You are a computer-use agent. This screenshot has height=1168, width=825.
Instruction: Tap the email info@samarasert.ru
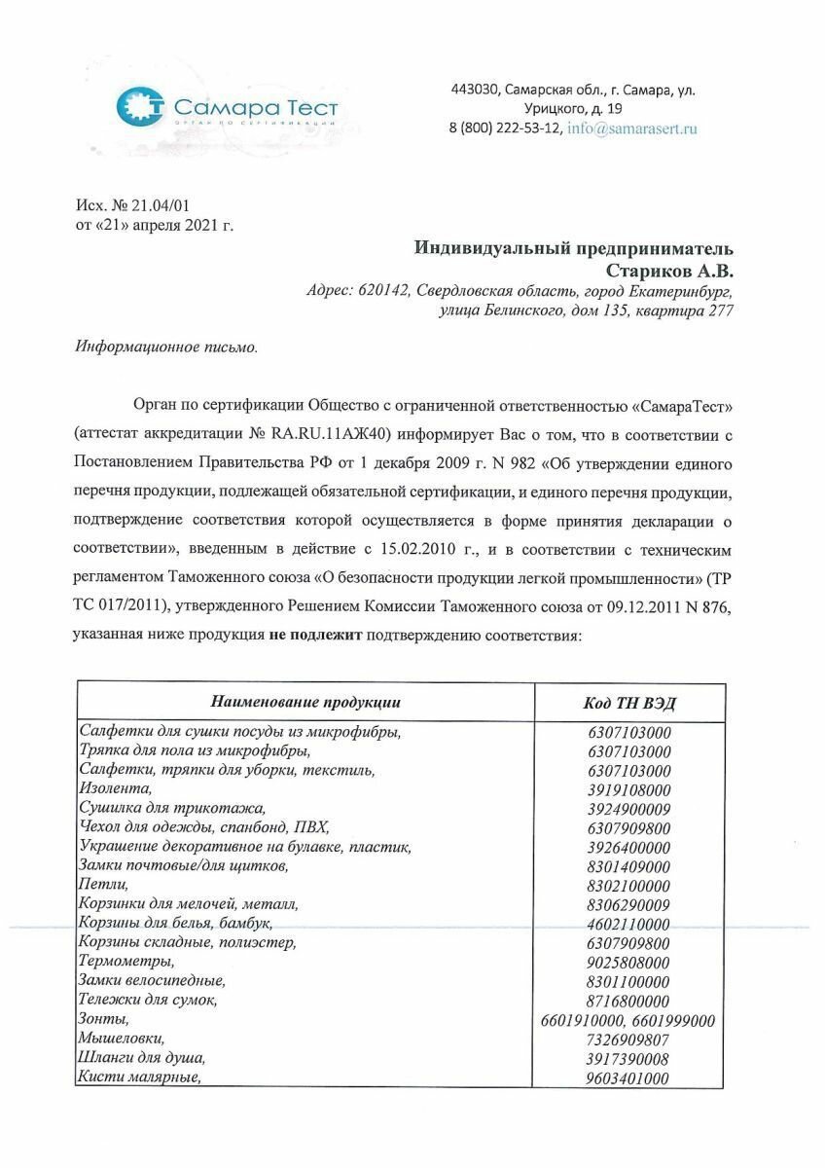(632, 128)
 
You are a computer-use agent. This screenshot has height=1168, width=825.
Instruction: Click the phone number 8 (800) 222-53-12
(504, 128)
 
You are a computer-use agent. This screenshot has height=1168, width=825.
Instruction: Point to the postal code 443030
(474, 91)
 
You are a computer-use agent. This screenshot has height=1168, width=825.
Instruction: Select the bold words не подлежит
(317, 636)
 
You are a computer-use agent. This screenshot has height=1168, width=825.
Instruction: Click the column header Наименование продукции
(305, 702)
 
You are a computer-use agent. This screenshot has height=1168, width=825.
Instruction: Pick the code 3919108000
(628, 790)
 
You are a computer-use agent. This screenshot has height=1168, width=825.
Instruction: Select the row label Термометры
(126, 962)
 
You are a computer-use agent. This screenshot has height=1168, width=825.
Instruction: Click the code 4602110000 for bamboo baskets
(628, 924)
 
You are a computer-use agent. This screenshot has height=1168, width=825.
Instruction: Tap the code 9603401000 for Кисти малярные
(628, 1078)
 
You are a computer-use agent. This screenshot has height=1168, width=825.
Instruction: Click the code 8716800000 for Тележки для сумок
(628, 1001)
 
